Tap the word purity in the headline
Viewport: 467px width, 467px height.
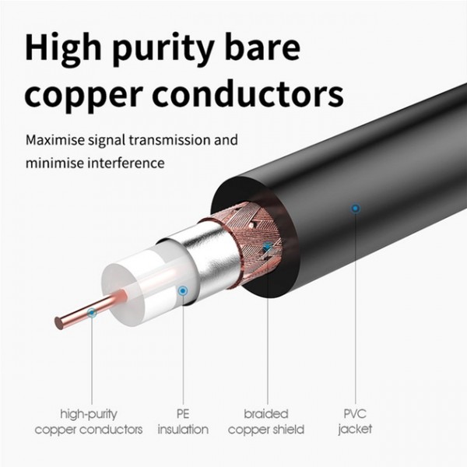pos(163,51)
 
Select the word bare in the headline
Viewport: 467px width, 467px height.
pos(262,48)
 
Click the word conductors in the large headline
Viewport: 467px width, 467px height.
pos(249,94)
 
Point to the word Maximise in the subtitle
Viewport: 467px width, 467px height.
pos(54,139)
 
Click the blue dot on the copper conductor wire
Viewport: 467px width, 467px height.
pos(92,313)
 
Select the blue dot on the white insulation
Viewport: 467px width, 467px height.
pos(183,290)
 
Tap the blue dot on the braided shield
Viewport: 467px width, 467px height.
pos(267,246)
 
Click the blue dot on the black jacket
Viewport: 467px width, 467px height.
pos(356,208)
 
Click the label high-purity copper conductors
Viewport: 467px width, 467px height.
pos(89,422)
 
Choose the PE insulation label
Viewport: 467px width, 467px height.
pos(183,422)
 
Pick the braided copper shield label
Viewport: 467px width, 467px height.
pos(266,422)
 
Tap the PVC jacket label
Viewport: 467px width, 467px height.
pos(355,422)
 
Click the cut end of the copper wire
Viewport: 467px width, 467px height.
pos(58,323)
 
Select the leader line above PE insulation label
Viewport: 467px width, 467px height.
pos(183,349)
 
